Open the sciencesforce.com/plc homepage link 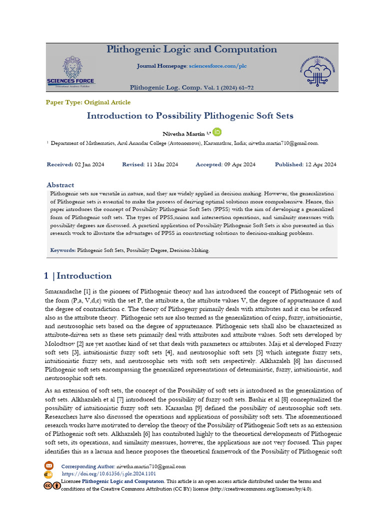click(217, 66)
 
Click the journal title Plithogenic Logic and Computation click(191, 49)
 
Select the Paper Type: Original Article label click(88, 102)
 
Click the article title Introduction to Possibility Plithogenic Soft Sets click(190, 116)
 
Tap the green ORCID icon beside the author click(217, 132)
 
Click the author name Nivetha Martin click(183, 134)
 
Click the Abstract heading click(60, 185)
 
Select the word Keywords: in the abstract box click(63, 250)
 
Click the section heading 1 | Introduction click(78, 276)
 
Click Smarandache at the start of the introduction click(62, 291)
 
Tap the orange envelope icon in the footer click(49, 466)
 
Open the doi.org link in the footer click(108, 473)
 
